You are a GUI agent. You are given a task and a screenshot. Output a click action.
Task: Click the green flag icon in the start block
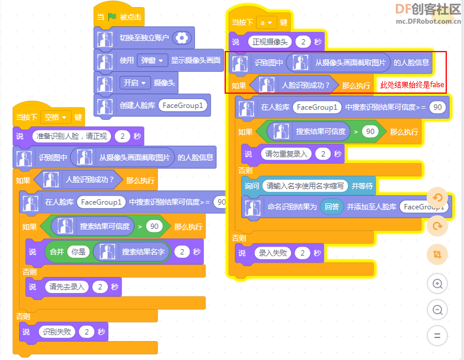[x=112, y=17]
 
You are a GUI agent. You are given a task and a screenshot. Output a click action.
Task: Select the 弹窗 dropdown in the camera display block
[x=152, y=60]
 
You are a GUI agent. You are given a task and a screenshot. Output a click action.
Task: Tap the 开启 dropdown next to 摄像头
[x=135, y=82]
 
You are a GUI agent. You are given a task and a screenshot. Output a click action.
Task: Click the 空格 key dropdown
[x=56, y=117]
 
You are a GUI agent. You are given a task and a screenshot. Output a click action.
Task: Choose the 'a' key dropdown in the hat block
[x=266, y=23]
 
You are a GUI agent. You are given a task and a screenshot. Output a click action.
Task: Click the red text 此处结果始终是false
[x=412, y=85]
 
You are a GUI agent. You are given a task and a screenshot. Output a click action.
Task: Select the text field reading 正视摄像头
[x=270, y=42]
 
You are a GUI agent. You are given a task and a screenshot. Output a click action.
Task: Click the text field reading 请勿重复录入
[x=286, y=154]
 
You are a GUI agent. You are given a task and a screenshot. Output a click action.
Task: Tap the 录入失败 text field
[x=273, y=253]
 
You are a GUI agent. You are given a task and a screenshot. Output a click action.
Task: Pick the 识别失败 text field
[x=57, y=332]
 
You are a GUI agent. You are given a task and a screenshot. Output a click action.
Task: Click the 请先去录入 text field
[x=66, y=286]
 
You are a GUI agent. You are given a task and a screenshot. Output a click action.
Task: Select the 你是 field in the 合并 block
[x=78, y=252]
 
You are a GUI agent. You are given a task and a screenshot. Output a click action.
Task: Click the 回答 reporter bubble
[x=332, y=206]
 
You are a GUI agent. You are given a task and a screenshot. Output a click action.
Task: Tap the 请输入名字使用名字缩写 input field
[x=305, y=186]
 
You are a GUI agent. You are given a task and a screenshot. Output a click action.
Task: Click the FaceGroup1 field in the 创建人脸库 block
[x=183, y=106]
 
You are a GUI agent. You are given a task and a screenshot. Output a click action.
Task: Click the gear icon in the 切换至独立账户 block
[x=182, y=38]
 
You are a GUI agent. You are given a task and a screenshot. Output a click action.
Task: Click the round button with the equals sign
[x=437, y=336]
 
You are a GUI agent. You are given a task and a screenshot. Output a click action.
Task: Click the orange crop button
[x=437, y=254]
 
